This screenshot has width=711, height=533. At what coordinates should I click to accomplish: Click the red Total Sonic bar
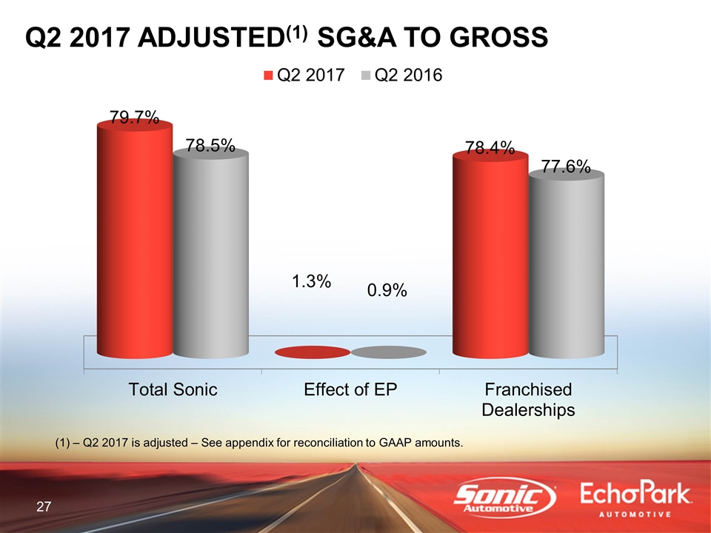click(134, 244)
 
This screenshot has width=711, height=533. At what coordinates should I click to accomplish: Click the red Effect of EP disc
click(312, 352)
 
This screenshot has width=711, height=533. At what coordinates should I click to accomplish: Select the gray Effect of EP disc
click(388, 352)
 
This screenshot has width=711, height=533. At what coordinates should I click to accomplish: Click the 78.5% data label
click(210, 146)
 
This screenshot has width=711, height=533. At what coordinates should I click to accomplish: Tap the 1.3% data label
click(310, 281)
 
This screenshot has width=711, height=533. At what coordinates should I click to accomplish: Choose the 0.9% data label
click(387, 291)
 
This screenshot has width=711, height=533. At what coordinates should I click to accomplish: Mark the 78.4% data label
click(490, 149)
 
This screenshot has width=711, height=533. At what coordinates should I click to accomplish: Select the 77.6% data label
click(566, 167)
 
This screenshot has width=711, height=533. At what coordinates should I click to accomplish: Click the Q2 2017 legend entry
click(304, 76)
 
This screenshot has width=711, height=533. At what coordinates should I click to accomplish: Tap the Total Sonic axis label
click(173, 390)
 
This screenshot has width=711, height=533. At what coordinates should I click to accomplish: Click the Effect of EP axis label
click(351, 390)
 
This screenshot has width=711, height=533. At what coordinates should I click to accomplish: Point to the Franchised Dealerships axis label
click(528, 400)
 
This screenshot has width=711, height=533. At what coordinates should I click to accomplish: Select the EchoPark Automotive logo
click(636, 500)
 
